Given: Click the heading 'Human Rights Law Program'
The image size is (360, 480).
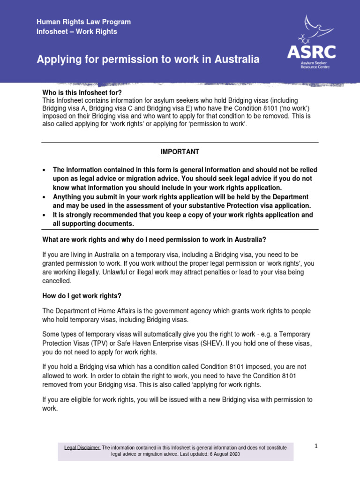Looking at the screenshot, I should [x=84, y=22].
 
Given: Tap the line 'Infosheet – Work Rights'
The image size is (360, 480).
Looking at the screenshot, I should [x=77, y=31].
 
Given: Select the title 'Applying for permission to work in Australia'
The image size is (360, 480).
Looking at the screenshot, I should [x=148, y=60].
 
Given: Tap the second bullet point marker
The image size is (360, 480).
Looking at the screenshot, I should [x=44, y=197].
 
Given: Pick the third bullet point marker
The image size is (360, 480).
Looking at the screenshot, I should [x=44, y=215].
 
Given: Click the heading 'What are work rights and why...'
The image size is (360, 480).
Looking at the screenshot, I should [x=154, y=240].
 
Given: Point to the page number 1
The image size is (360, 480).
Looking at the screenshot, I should [x=316, y=446].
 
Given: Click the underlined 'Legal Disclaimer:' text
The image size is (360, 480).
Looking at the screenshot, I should [x=82, y=448].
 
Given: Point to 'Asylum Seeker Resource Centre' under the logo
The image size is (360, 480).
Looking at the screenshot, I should [x=315, y=65].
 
